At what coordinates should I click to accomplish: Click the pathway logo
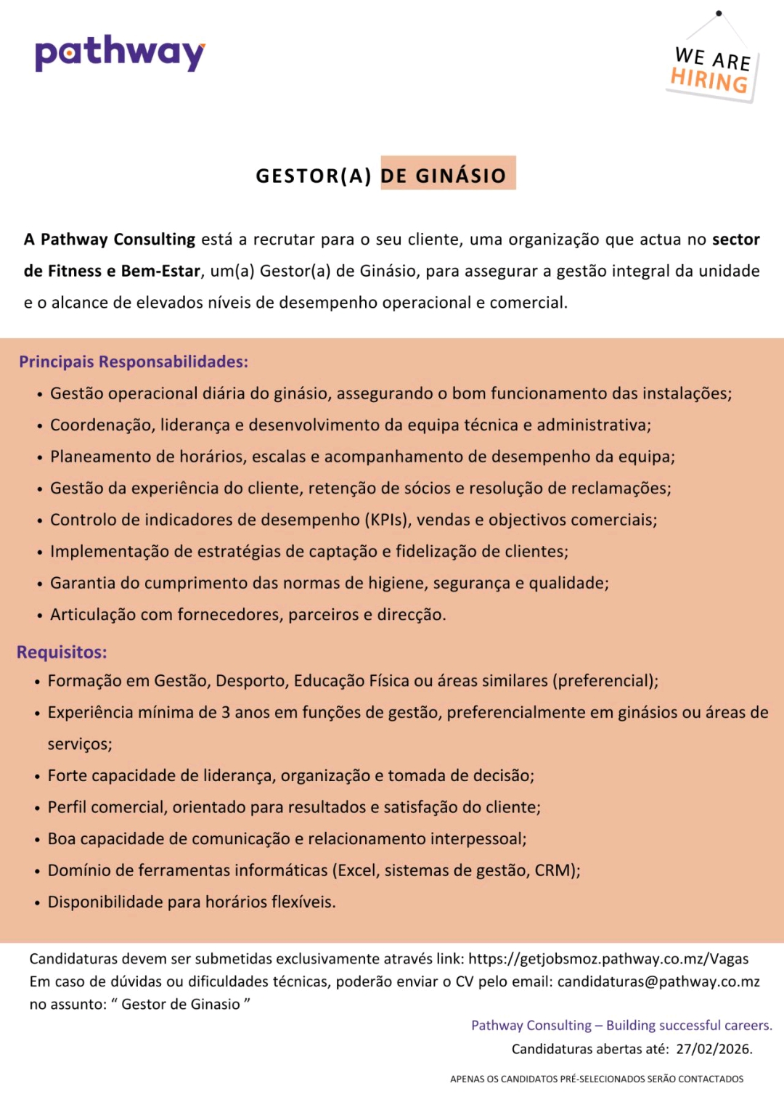(121, 53)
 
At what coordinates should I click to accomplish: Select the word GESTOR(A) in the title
(314, 176)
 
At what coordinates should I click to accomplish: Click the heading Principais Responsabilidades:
(134, 361)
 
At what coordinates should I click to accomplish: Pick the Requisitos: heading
(62, 652)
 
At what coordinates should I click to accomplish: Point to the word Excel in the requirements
(356, 870)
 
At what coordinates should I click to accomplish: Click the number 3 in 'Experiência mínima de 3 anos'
(226, 712)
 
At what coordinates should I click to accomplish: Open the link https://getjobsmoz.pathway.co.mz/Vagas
(608, 959)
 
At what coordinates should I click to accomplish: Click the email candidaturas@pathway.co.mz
(658, 981)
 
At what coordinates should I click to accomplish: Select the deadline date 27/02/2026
(713, 1049)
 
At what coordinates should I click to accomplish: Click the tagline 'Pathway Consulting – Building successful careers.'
(621, 1025)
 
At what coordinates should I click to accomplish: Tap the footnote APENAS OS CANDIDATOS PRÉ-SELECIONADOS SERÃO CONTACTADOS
(597, 1079)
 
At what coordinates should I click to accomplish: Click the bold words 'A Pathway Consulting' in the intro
(110, 240)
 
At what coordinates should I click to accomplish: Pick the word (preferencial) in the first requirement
(605, 681)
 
